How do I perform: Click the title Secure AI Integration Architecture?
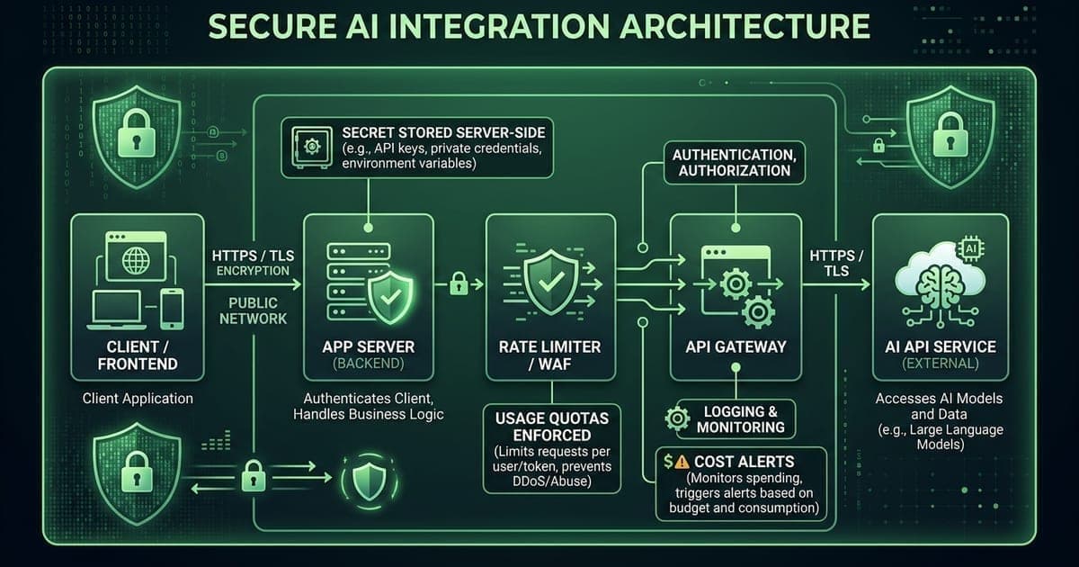[x=539, y=26]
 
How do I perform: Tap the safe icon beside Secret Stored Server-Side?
[x=312, y=146]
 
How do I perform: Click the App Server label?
[x=369, y=346]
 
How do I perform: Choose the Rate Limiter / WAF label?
[x=549, y=355]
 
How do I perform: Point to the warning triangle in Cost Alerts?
[x=680, y=462]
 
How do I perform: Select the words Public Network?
[x=253, y=310]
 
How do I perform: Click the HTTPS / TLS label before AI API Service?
[x=835, y=264]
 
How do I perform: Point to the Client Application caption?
[x=138, y=398]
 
